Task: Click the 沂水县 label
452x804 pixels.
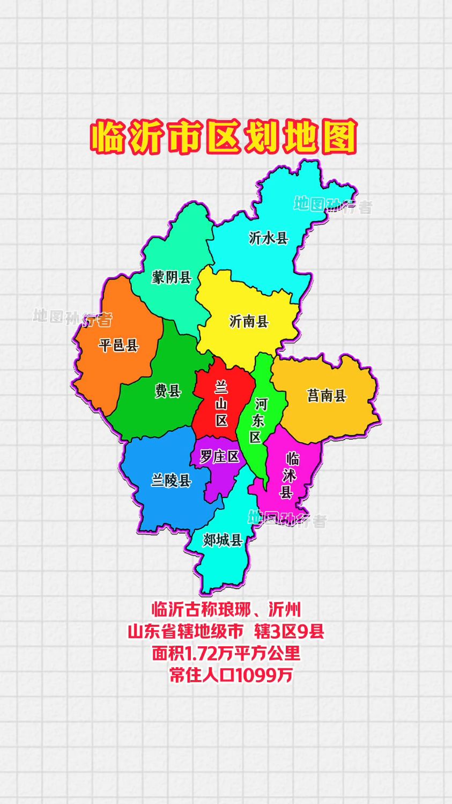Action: click(x=269, y=238)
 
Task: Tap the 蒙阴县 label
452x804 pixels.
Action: click(x=172, y=277)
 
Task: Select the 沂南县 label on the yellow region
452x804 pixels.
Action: click(x=249, y=321)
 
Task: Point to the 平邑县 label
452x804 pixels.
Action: click(x=118, y=345)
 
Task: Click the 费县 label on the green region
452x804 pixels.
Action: click(x=168, y=391)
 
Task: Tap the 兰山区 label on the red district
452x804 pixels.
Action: click(x=221, y=404)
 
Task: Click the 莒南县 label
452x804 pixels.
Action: click(x=327, y=396)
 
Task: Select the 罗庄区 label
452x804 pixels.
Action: click(x=219, y=457)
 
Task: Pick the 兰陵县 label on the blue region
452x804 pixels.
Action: click(x=171, y=480)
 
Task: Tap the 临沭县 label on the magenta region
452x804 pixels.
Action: click(x=290, y=476)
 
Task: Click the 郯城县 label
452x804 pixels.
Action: click(x=223, y=540)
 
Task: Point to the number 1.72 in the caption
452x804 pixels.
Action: click(x=202, y=654)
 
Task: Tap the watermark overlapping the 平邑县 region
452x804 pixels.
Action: click(x=73, y=317)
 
